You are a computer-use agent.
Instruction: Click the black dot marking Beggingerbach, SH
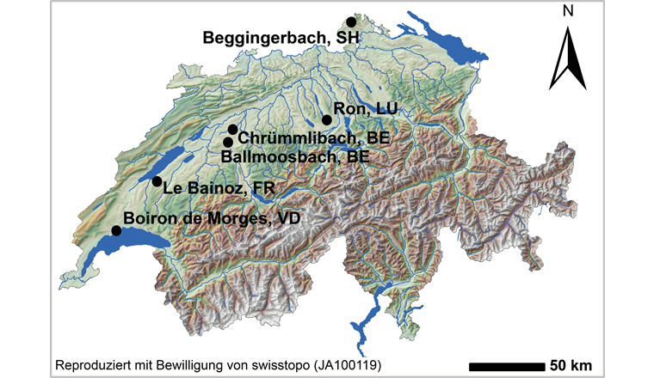pyautogui.click(x=351, y=22)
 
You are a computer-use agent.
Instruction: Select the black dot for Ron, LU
pyautogui.click(x=326, y=120)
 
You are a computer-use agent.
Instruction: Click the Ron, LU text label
pyautogui.click(x=364, y=108)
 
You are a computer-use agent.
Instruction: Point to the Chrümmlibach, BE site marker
pyautogui.click(x=232, y=130)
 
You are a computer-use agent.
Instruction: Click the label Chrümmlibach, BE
pyautogui.click(x=313, y=137)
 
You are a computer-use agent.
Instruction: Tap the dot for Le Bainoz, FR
pyautogui.click(x=157, y=181)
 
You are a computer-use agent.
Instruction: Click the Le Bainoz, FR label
pyautogui.click(x=212, y=188)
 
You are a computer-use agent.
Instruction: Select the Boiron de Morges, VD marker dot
pyautogui.click(x=116, y=230)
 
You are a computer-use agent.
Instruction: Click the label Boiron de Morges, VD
pyautogui.click(x=215, y=219)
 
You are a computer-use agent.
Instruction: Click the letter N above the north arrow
pyautogui.click(x=567, y=11)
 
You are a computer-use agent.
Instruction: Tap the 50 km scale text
pyautogui.click(x=571, y=363)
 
